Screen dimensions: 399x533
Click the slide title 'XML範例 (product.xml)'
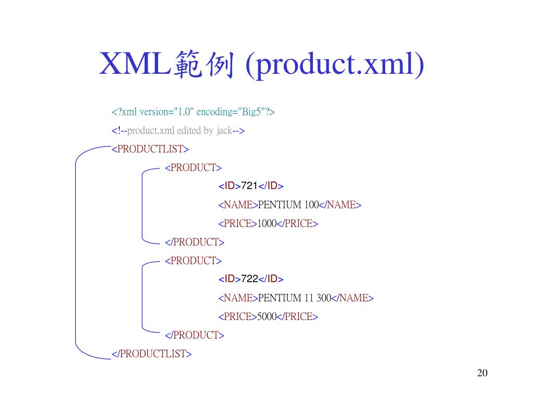click(262, 64)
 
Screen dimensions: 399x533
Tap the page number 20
click(482, 373)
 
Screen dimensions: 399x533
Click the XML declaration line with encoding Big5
click(193, 112)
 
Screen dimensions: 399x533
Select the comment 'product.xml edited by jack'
click(179, 130)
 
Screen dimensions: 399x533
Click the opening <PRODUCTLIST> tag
click(150, 149)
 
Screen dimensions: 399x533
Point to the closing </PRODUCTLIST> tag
click(152, 354)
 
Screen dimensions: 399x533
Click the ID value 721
click(250, 186)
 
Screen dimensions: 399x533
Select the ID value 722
click(250, 279)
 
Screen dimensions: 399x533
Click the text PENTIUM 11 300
click(295, 298)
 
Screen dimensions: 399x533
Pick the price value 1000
click(267, 223)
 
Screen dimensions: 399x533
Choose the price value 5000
click(267, 316)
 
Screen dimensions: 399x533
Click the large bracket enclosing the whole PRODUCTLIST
click(76, 252)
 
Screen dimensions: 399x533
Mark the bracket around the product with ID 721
click(142, 205)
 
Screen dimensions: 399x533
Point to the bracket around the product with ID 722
click(142, 298)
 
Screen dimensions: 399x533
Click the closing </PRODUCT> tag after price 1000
click(195, 242)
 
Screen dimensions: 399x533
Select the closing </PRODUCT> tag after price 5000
click(195, 335)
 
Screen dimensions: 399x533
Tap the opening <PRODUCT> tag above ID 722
click(193, 260)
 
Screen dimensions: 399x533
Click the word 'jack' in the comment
click(224, 130)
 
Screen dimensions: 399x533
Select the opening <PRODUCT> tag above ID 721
click(193, 167)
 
